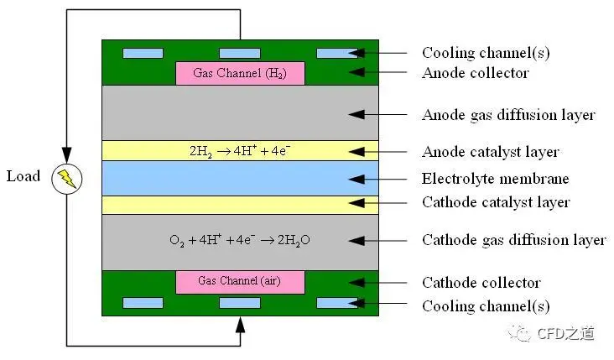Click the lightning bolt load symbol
pos(67,179)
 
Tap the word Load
pos(23,176)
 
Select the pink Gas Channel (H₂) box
pos(240,73)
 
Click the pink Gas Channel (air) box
pos(240,282)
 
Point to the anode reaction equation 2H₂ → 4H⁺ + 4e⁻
pos(240,151)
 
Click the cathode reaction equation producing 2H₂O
pos(240,240)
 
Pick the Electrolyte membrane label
pos(496,179)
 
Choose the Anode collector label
pos(476,73)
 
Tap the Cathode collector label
pos(481,283)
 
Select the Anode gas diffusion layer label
pos(508,115)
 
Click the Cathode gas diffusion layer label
pos(514,240)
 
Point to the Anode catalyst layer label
pos(490,152)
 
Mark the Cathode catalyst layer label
pos(496,202)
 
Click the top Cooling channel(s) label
pos(486,53)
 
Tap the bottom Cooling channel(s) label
pos(486,306)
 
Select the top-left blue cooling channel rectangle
pos(143,53)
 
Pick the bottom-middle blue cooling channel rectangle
pos(240,303)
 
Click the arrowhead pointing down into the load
pos(67,154)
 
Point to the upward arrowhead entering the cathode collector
pos(240,325)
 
